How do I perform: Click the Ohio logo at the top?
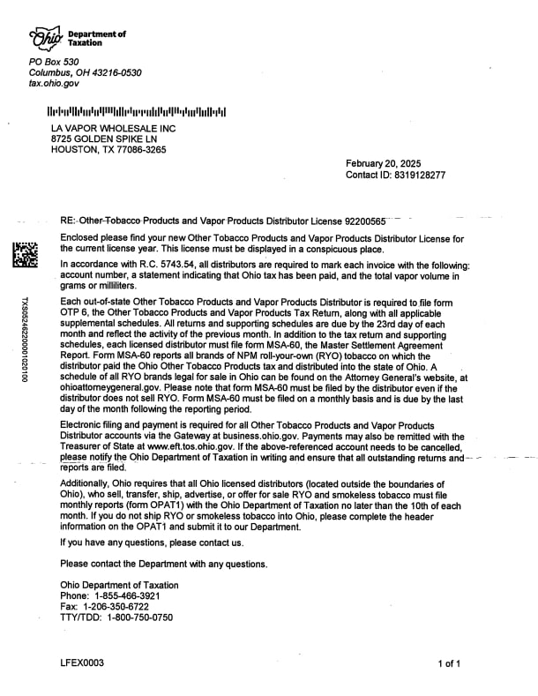point(47,38)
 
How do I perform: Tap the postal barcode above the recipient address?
point(137,113)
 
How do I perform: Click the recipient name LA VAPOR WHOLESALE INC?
point(114,129)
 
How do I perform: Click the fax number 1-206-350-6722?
point(117,607)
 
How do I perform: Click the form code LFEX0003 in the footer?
point(82,662)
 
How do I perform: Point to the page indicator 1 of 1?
point(449,663)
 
